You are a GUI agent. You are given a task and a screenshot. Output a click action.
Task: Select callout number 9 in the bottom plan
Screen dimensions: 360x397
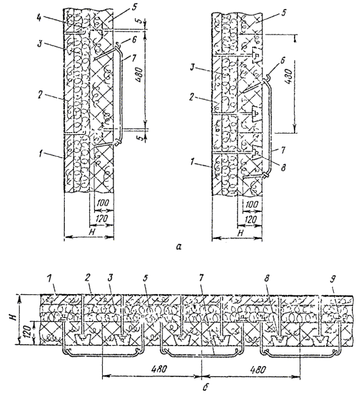(x=333, y=279)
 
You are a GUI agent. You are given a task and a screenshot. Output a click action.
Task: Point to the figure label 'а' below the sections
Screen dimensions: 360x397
(x=179, y=246)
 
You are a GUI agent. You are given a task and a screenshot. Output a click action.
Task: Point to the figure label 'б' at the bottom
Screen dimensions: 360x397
(x=205, y=386)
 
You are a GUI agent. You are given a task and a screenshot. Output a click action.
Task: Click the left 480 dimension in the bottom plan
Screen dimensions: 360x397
(x=159, y=369)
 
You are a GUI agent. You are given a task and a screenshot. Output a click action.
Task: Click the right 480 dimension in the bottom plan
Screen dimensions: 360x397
(x=258, y=369)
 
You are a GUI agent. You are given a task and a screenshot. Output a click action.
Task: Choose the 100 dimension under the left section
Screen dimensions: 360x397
(x=103, y=203)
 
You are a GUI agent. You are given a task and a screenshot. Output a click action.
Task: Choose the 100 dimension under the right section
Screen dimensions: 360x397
(x=251, y=204)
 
